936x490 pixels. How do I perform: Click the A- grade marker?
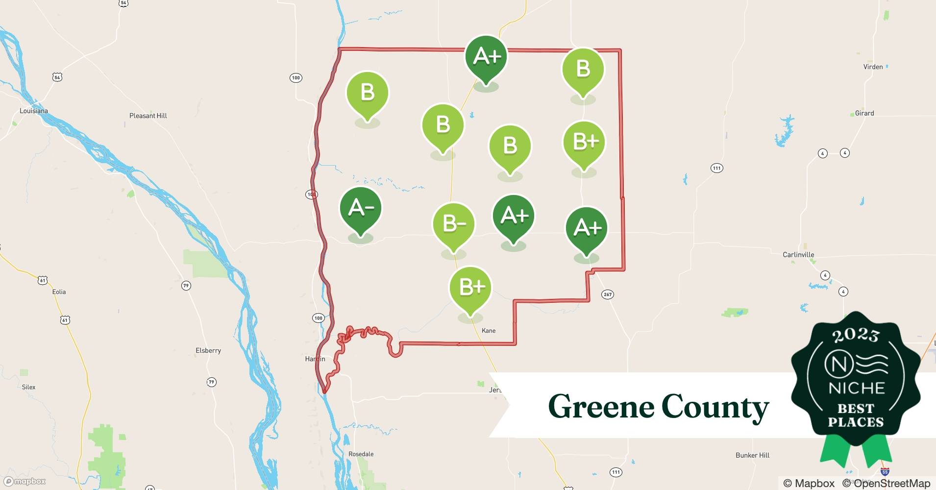(x=361, y=209)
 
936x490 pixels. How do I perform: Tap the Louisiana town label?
(x=34, y=111)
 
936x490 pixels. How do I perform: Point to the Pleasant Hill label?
(x=148, y=116)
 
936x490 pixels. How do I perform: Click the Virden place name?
(x=873, y=67)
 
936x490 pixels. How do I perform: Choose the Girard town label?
(x=864, y=113)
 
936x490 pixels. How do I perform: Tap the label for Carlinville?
(x=798, y=255)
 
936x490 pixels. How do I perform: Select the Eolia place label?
(x=59, y=292)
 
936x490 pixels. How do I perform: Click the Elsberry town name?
(x=208, y=350)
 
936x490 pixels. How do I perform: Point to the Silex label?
(x=29, y=387)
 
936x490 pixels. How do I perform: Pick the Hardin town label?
(x=315, y=359)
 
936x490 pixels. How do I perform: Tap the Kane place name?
(x=489, y=331)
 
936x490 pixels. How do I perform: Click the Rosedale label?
(x=361, y=454)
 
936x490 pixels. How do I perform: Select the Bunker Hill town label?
(x=752, y=455)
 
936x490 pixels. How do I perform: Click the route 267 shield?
(x=608, y=294)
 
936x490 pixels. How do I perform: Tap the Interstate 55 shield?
(x=885, y=472)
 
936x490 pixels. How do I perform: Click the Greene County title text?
(x=658, y=407)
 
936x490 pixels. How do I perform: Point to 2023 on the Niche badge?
(x=856, y=335)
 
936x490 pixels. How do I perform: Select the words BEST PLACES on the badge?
(x=856, y=415)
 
